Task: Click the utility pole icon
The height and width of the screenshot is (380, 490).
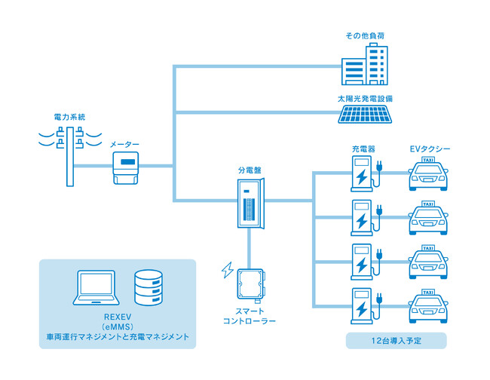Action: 70,155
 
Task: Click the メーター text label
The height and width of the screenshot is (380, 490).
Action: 124,143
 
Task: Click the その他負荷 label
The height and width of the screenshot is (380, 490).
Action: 366,35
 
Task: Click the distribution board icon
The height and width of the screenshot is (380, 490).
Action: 248,203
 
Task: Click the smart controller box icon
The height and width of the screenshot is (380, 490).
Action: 248,286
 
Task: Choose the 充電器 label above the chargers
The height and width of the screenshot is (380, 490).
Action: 363,149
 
